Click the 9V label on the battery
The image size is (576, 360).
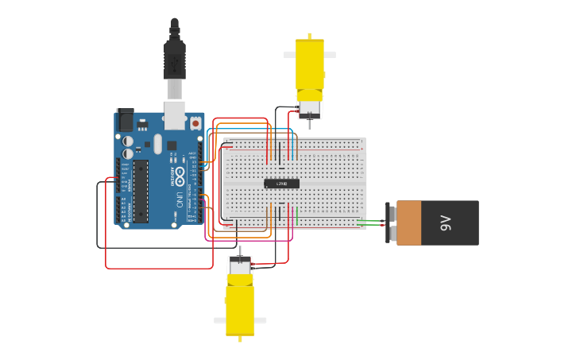[x=446, y=223]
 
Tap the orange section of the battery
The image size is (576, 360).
[x=408, y=223]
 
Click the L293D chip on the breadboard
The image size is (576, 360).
[x=281, y=184]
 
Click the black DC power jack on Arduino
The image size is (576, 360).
[x=126, y=120]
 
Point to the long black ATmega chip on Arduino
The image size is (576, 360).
[x=141, y=192]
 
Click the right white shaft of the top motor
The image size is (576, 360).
[x=330, y=55]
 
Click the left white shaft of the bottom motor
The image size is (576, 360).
[x=219, y=320]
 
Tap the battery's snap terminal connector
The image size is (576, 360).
[x=390, y=223]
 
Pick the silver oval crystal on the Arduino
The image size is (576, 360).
[x=157, y=144]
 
